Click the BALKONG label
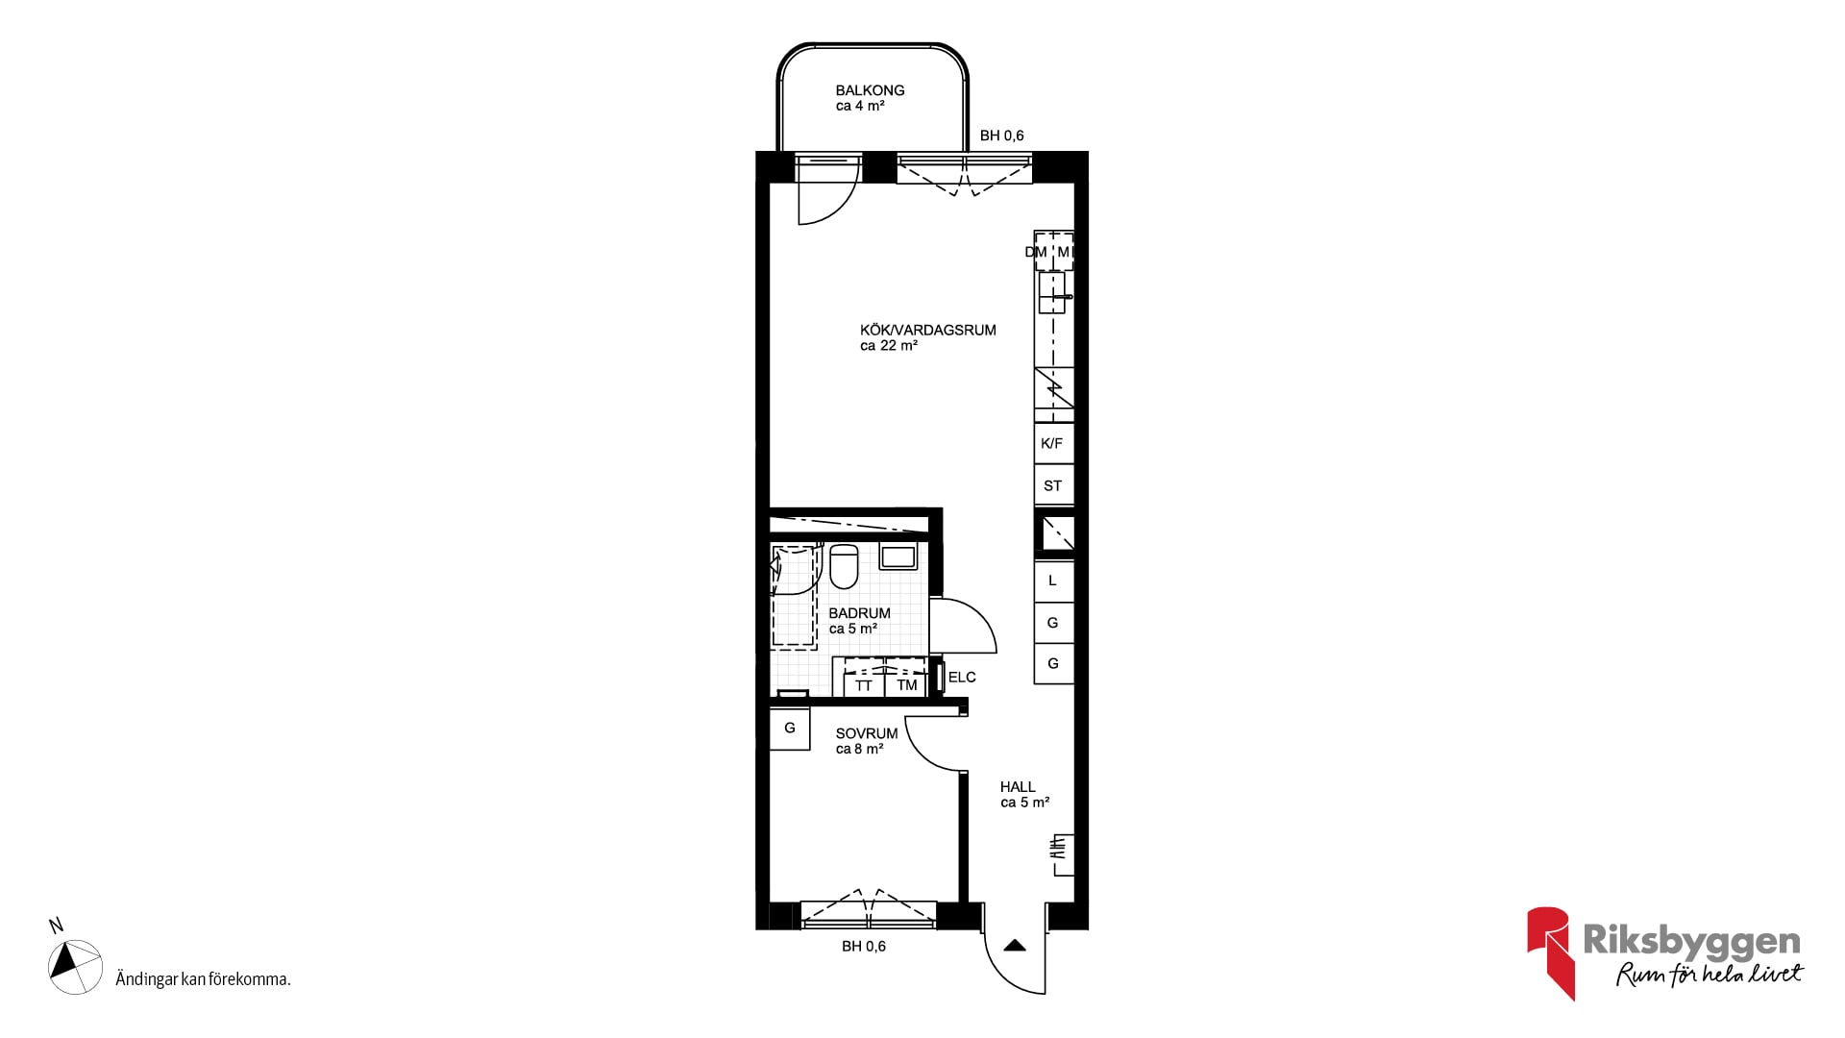(870, 90)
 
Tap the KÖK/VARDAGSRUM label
(928, 330)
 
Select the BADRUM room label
(859, 613)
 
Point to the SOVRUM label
(867, 733)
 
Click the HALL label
(1018, 787)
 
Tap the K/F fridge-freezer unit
(1053, 443)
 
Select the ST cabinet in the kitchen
(1053, 485)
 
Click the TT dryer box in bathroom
(864, 684)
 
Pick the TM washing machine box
(906, 684)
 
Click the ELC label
(962, 678)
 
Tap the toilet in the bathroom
(844, 566)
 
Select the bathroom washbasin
(898, 556)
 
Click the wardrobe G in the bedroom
(790, 729)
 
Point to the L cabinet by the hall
(1053, 581)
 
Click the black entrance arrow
(1015, 946)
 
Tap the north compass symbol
(76, 966)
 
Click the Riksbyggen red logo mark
(1549, 951)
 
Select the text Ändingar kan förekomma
(203, 979)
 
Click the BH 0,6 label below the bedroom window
(864, 947)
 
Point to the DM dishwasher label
(1036, 253)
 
